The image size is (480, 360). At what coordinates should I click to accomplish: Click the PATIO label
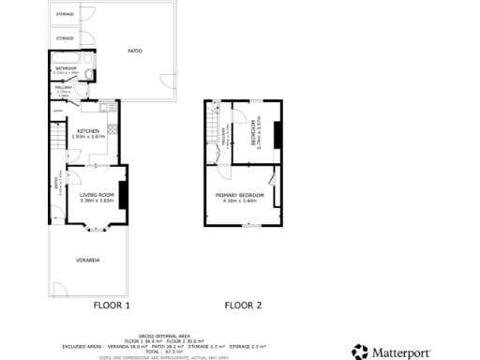click(x=134, y=52)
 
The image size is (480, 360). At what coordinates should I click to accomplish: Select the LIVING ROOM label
click(x=97, y=195)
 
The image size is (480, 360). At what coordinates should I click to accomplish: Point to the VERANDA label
click(x=88, y=259)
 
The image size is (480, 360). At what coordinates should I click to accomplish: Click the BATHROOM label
click(x=66, y=68)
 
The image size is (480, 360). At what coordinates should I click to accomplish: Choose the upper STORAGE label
click(x=65, y=14)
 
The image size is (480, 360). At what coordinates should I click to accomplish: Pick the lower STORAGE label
click(x=65, y=38)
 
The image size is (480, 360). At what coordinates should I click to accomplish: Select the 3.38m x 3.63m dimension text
click(x=97, y=201)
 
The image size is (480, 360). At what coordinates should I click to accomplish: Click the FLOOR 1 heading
click(x=112, y=306)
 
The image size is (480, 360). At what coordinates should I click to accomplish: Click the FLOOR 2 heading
click(x=243, y=306)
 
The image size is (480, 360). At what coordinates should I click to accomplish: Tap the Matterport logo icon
click(x=360, y=352)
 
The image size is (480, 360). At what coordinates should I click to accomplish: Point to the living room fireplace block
click(x=122, y=192)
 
